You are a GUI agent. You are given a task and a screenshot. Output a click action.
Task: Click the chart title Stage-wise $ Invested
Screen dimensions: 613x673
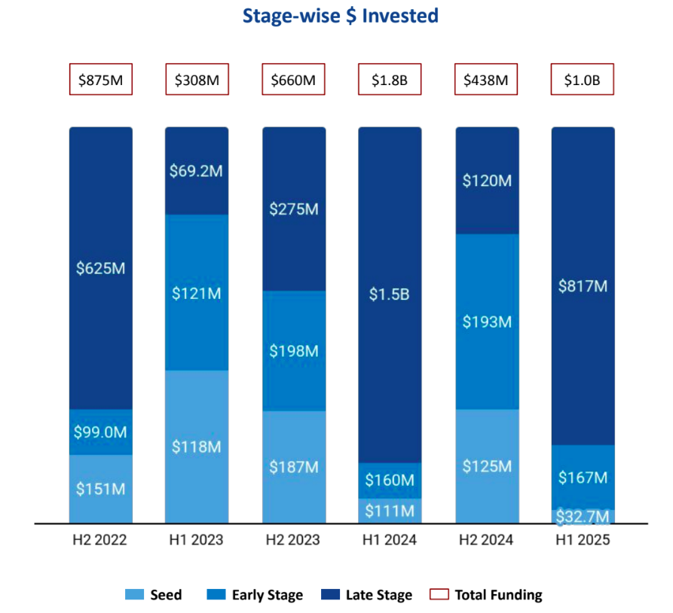(x=340, y=16)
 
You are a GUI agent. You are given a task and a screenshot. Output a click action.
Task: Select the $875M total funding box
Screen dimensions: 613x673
(x=100, y=80)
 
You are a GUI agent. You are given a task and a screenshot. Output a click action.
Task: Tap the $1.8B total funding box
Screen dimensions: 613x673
(x=390, y=80)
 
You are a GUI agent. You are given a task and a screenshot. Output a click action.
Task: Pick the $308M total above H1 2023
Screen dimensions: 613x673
(x=197, y=80)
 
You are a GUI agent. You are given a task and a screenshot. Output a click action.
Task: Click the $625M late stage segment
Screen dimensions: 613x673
(x=100, y=268)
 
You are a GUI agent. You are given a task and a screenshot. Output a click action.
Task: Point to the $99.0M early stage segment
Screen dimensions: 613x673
(x=100, y=432)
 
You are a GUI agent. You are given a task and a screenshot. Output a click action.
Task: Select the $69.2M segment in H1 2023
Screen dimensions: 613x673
(x=197, y=171)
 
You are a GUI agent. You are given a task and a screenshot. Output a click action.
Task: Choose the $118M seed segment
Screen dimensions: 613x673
(x=197, y=446)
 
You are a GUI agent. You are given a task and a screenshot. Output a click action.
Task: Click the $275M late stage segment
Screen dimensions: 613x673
(x=294, y=209)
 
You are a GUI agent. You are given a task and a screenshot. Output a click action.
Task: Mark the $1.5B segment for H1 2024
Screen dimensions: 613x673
(x=390, y=294)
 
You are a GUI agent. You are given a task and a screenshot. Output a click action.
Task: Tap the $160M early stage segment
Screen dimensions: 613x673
(x=390, y=480)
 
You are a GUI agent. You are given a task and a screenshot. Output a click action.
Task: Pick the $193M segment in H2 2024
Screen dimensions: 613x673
(x=487, y=322)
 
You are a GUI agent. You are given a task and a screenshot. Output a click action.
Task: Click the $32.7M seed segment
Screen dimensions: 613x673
(x=583, y=517)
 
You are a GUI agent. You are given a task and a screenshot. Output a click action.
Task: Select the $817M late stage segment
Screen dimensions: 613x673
(x=583, y=286)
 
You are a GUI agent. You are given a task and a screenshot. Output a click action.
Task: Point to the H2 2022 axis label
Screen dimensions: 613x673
(x=100, y=540)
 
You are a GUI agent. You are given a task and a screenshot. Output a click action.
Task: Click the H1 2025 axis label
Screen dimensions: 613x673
(x=583, y=540)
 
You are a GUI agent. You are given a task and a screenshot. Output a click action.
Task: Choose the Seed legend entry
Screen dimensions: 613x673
(x=154, y=595)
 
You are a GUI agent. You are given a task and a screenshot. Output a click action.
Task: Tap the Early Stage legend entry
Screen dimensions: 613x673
(x=255, y=595)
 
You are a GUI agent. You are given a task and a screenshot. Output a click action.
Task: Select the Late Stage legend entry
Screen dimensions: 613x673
(x=367, y=595)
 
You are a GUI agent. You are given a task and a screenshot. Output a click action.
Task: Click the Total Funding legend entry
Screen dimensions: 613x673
(x=486, y=595)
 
